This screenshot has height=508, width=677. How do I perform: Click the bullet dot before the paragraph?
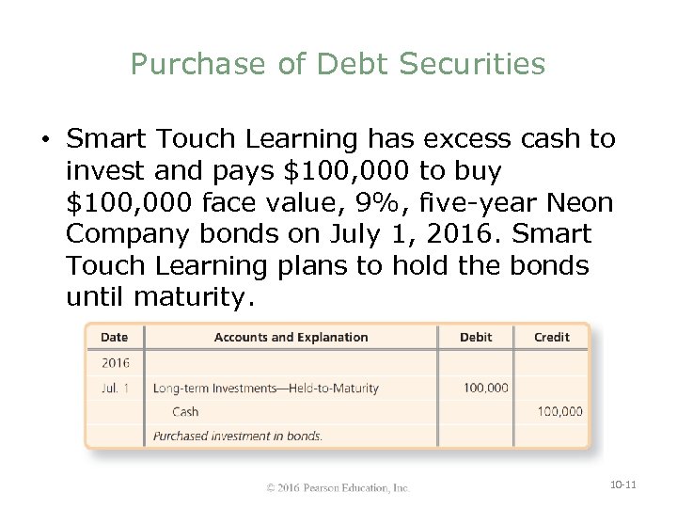click(45, 141)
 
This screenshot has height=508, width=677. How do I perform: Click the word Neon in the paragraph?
click(579, 201)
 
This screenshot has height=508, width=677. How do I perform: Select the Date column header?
click(114, 337)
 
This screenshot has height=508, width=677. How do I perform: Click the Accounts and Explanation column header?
click(291, 337)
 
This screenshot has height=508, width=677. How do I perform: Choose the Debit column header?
click(475, 337)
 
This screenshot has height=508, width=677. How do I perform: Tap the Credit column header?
click(551, 337)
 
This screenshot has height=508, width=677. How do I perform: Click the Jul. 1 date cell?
click(115, 387)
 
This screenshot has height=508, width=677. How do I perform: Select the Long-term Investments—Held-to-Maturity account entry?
click(266, 387)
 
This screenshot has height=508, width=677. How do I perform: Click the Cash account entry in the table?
click(185, 411)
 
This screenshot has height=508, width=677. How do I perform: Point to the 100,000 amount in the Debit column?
click(485, 387)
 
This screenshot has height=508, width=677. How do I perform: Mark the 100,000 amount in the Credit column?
click(559, 411)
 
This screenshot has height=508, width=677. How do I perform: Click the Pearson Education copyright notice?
click(338, 487)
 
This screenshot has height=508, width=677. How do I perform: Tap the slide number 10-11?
click(623, 484)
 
